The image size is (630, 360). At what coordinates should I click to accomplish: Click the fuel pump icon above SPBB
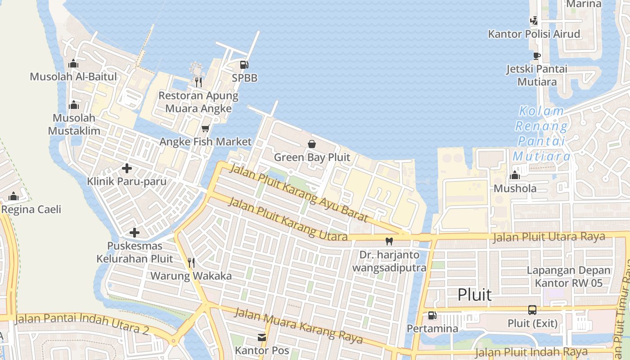(244, 65)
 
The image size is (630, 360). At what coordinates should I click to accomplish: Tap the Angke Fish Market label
(206, 142)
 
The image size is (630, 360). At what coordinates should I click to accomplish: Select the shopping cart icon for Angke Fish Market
(206, 129)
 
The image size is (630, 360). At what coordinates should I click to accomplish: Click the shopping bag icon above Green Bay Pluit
(311, 144)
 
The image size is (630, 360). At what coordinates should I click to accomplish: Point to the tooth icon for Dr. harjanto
(389, 242)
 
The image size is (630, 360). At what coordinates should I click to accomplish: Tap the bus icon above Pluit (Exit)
(532, 310)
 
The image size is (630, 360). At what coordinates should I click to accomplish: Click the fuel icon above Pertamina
(432, 315)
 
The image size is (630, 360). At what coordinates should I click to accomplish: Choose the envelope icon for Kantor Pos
(262, 337)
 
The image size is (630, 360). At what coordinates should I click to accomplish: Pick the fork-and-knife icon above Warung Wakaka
(191, 263)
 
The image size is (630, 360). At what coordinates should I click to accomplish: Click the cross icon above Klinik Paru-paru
(127, 168)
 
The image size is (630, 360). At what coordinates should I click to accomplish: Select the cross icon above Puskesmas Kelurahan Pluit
(134, 233)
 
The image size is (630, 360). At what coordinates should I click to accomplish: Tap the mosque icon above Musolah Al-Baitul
(73, 63)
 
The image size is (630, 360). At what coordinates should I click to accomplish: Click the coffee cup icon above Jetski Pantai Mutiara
(536, 56)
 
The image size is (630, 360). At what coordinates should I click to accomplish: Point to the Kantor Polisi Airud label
(534, 34)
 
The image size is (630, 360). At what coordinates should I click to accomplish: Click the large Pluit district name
(475, 295)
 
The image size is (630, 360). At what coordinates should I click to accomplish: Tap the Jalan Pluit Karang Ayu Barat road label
(299, 193)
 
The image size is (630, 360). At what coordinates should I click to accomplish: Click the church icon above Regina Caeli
(13, 196)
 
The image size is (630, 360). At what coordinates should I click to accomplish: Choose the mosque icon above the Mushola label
(515, 175)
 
